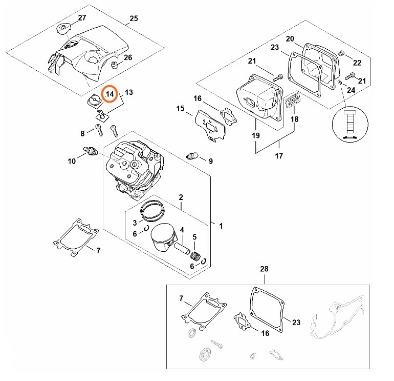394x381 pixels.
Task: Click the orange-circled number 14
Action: (x=110, y=94)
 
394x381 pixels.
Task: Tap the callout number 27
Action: (x=82, y=18)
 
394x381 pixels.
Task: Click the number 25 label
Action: (x=134, y=18)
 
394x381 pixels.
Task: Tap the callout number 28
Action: (x=264, y=269)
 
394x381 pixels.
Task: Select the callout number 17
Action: (x=278, y=156)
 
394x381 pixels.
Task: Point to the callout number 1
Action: (x=221, y=226)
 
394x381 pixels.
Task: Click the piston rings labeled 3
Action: (x=152, y=209)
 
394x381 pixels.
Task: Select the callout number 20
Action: (x=290, y=39)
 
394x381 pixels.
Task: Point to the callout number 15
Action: (x=180, y=108)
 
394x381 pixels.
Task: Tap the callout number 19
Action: (x=255, y=135)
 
